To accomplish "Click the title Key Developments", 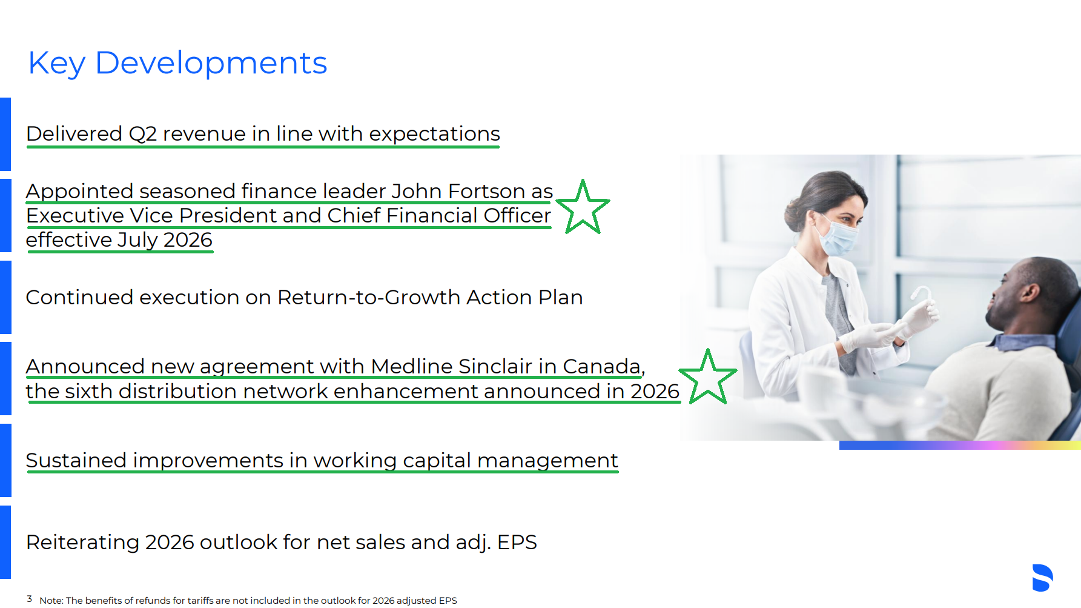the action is pyautogui.click(x=177, y=64).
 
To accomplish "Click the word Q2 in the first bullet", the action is pyautogui.click(x=143, y=134).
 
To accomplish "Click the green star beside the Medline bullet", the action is pyautogui.click(x=707, y=376).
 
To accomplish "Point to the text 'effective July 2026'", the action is pyautogui.click(x=119, y=240).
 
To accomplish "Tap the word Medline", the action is pyautogui.click(x=412, y=366).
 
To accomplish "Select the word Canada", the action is pyautogui.click(x=601, y=366).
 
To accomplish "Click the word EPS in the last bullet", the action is pyautogui.click(x=517, y=542).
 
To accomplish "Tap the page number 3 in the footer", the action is pyautogui.click(x=29, y=599).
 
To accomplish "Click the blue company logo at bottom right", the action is pyautogui.click(x=1043, y=578).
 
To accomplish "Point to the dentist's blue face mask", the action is pyautogui.click(x=839, y=238).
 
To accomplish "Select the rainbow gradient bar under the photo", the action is pyautogui.click(x=960, y=445).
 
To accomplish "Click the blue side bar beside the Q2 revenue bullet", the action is pyautogui.click(x=5, y=134).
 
